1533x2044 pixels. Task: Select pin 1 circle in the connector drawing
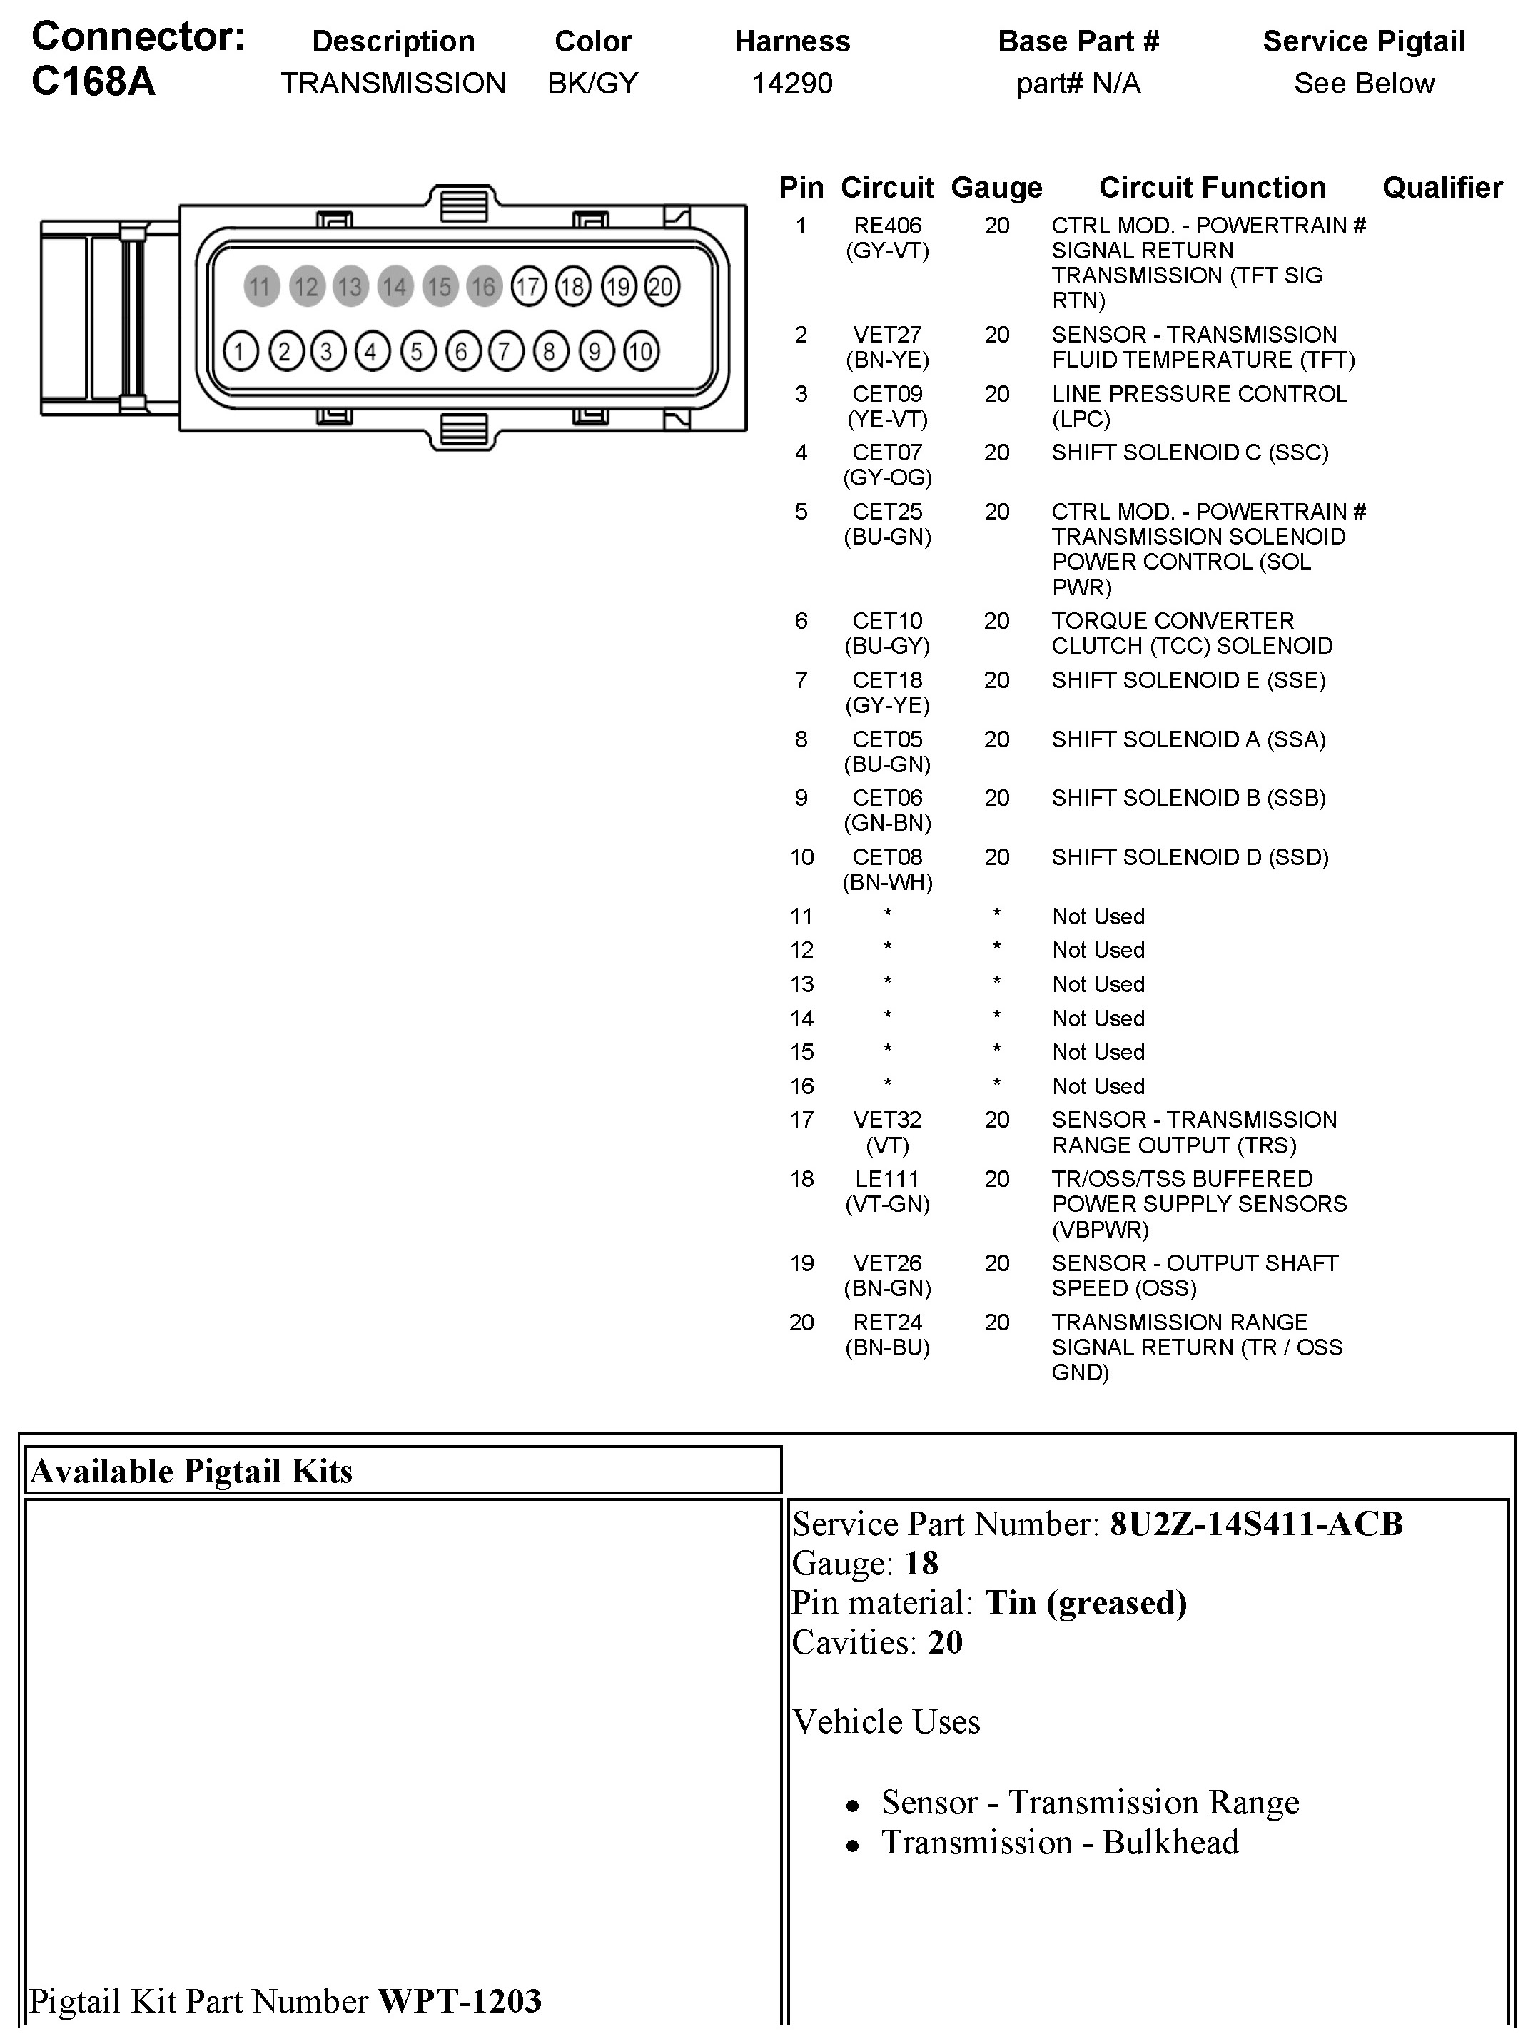241,351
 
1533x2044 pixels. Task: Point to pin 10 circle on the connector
640,351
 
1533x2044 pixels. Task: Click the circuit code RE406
887,226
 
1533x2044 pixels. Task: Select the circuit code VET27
887,335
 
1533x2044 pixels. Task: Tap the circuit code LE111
887,1179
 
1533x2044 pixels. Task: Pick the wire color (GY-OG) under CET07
887,477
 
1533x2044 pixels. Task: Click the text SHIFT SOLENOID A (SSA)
1188,739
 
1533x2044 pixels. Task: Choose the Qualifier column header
1442,188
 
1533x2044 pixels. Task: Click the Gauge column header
996,188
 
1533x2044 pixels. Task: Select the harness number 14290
792,84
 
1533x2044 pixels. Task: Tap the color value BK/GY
592,84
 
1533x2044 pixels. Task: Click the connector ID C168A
93,81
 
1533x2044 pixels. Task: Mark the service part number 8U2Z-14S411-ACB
1256,1524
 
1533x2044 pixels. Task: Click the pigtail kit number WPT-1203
459,2000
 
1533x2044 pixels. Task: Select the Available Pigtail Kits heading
191,1471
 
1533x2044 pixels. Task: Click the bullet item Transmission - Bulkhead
1059,1843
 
